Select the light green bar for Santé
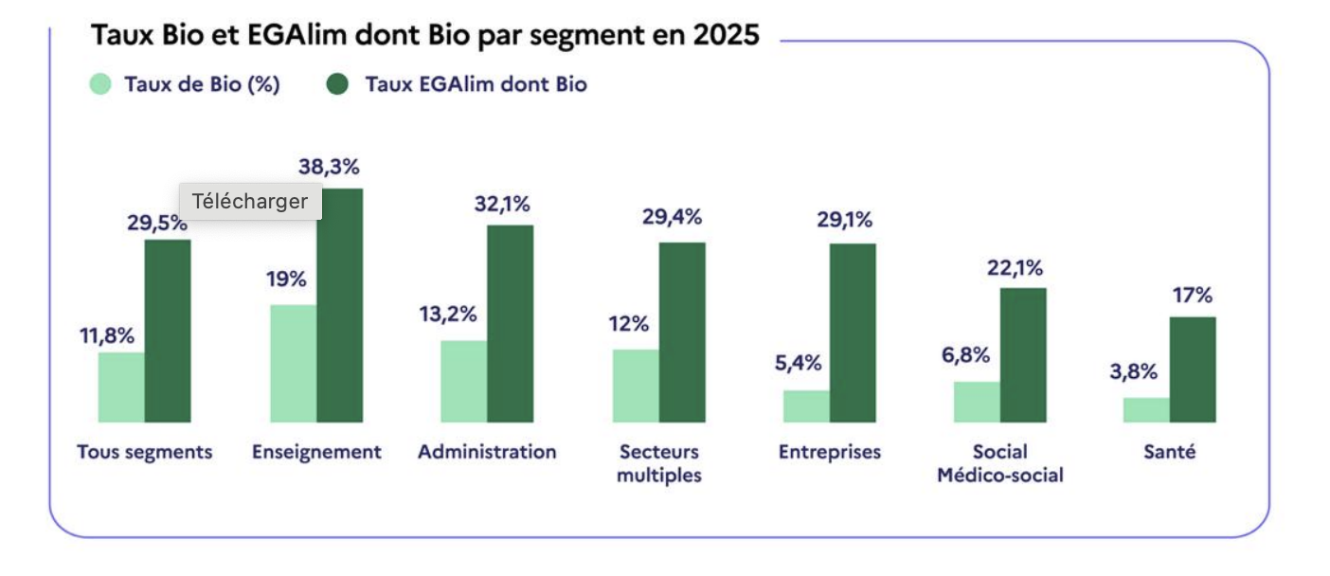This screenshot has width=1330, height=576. tap(1146, 410)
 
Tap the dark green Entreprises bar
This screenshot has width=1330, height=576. tap(853, 333)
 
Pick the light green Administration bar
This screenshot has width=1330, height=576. tap(464, 382)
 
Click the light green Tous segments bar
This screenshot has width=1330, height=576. tap(121, 387)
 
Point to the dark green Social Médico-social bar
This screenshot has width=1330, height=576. tap(1023, 355)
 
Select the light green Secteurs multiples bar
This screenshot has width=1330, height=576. tap(636, 386)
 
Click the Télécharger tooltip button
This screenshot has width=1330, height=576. tap(250, 201)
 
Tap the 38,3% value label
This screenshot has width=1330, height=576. tap(329, 168)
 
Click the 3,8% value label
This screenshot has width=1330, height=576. tap(1133, 371)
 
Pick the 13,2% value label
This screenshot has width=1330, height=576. tap(448, 315)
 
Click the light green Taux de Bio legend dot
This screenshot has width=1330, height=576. tap(101, 84)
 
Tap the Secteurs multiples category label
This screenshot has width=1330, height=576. tap(658, 463)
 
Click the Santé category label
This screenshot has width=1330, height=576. tap(1169, 452)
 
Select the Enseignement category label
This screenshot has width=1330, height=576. tap(316, 452)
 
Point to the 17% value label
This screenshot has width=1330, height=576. tap(1192, 296)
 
